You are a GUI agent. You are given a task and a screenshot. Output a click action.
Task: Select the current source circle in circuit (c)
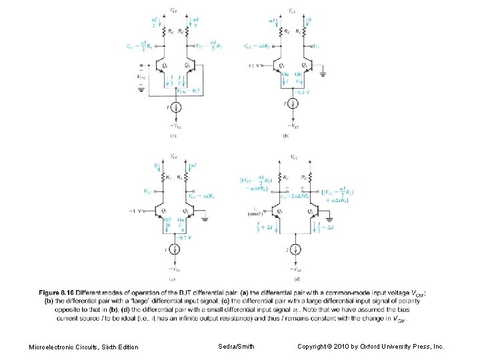click(x=173, y=249)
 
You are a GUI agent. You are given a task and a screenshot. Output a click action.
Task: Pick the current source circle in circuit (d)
click(x=294, y=249)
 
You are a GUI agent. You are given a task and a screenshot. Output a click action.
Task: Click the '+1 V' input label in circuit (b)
click(x=253, y=66)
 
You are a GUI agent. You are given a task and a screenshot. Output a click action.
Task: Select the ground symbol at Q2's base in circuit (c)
click(x=205, y=217)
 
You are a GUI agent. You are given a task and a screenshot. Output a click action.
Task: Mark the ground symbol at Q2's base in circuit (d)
click(x=331, y=217)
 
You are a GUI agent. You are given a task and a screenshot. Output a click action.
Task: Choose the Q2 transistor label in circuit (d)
click(x=311, y=211)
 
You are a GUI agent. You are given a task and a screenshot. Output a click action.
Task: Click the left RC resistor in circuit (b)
click(x=283, y=30)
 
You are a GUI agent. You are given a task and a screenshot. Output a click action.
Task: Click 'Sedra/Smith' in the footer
click(x=235, y=347)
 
